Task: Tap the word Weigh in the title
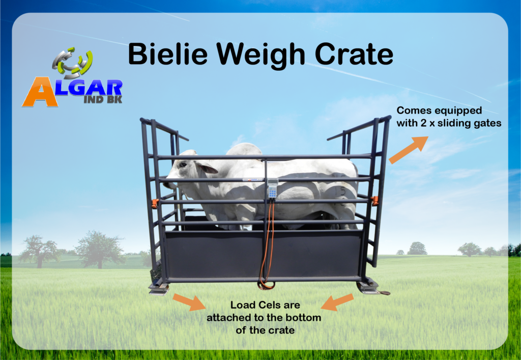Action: coord(260,56)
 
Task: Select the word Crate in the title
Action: coord(354,54)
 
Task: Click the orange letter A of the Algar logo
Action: coord(40,92)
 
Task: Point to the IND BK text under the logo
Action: coord(103,99)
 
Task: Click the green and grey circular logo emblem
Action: coord(72,63)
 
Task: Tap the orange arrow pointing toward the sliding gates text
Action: coord(409,150)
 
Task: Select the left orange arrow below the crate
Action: coord(189,302)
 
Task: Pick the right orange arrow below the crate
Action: coord(337,302)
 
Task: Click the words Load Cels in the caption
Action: coord(265,305)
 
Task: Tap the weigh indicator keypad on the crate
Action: coord(273,188)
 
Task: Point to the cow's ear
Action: coord(207,168)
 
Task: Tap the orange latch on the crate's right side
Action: coord(374,201)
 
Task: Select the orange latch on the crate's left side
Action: coord(155,204)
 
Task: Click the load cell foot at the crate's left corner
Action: coord(159,289)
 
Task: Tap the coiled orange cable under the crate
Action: coord(267,285)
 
